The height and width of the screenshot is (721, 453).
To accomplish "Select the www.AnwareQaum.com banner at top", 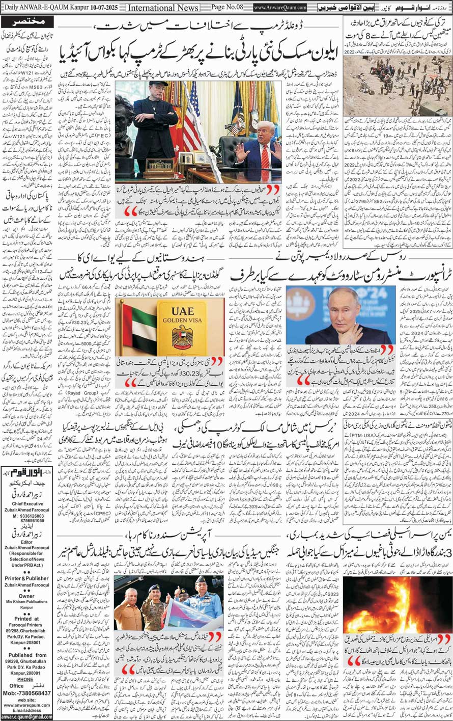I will pyautogui.click(x=280, y=8).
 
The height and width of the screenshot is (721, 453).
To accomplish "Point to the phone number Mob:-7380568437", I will pyautogui.click(x=26, y=693).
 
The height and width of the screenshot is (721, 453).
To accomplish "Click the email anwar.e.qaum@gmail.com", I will pyautogui.click(x=26, y=716).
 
